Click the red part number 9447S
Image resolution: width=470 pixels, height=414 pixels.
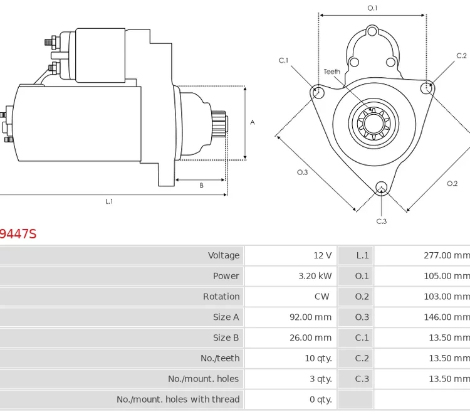click(x=18, y=234)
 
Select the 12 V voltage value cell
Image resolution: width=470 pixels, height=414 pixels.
click(x=322, y=255)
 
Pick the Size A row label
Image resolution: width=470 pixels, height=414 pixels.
click(x=226, y=317)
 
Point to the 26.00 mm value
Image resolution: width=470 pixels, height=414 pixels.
click(x=310, y=337)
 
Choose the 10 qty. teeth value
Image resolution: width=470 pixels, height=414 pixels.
click(x=318, y=358)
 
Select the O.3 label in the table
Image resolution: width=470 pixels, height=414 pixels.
click(x=362, y=317)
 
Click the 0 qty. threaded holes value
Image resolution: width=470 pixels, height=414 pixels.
click(x=321, y=400)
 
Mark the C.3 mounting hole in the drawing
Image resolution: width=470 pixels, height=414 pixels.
click(x=381, y=186)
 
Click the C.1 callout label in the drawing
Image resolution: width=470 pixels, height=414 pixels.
click(x=283, y=60)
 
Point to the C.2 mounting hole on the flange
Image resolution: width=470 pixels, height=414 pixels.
click(x=427, y=87)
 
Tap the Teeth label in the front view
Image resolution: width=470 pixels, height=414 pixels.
click(x=332, y=72)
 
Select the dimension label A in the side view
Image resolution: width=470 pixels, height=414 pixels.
click(x=253, y=122)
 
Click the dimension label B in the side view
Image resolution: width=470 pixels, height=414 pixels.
click(x=201, y=186)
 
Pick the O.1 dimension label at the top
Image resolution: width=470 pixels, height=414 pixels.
click(x=372, y=8)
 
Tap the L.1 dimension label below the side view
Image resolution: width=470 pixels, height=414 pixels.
click(x=109, y=201)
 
